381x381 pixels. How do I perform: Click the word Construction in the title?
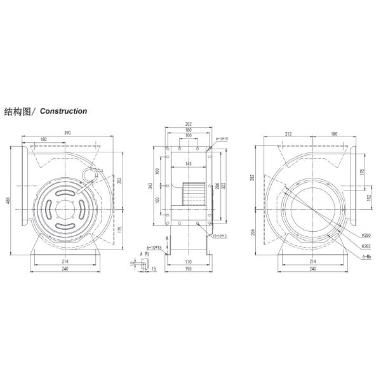(x=63, y=111)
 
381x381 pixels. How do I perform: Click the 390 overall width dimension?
(x=66, y=133)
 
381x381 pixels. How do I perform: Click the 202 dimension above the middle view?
(x=188, y=124)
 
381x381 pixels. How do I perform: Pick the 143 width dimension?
(x=188, y=164)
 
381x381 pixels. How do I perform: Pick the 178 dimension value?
(x=362, y=171)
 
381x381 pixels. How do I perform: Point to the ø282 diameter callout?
(x=366, y=246)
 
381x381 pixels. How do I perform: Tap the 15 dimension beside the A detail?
(x=154, y=268)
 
